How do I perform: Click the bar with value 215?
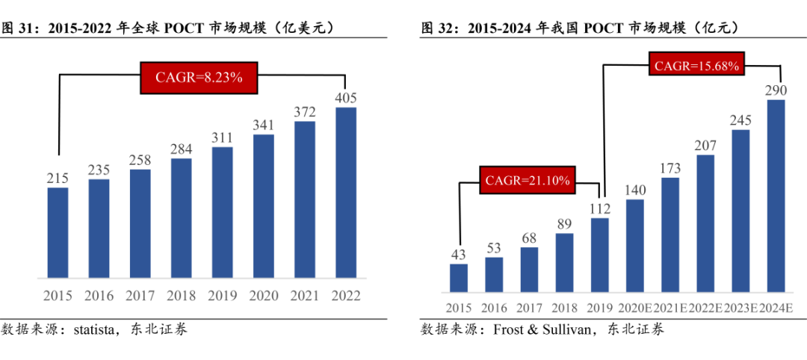[58, 232]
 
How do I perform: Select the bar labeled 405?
[346, 193]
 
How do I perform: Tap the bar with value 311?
[223, 212]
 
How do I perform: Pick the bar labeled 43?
[459, 277]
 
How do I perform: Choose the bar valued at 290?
[776, 195]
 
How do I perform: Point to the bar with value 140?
[635, 245]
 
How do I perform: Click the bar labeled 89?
[564, 262]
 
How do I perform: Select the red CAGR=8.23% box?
[199, 77]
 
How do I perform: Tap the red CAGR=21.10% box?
[528, 180]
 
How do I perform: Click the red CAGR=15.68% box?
[696, 66]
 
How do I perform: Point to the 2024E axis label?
[776, 308]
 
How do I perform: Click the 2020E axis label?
[635, 308]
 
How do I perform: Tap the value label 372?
[305, 112]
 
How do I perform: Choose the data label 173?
[670, 168]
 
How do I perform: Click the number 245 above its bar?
[740, 120]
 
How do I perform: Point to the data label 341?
[264, 125]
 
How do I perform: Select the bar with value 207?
[705, 223]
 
